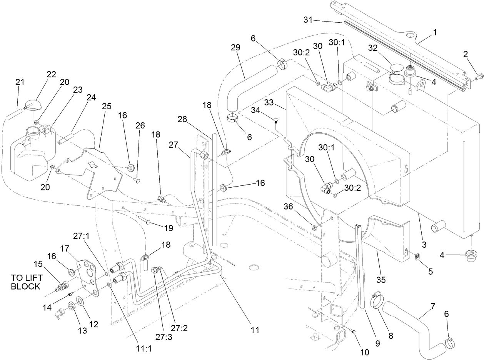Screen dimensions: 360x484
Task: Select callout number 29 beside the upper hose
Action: [x=235, y=48]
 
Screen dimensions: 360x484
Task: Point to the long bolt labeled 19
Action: [x=141, y=220]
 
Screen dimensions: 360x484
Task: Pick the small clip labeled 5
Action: [x=418, y=257]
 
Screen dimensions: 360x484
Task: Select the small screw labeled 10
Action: [x=354, y=331]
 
